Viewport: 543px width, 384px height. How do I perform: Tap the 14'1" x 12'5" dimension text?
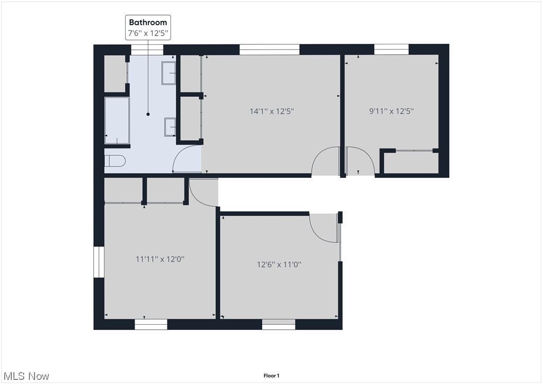point(271,111)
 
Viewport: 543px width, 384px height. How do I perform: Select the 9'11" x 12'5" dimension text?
point(392,111)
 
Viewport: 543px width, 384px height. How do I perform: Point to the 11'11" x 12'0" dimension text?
point(160,259)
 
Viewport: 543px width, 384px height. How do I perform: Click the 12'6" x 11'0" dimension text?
point(279,264)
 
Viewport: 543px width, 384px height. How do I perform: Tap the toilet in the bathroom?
point(114,160)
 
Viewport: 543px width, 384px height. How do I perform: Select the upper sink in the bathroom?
point(169,73)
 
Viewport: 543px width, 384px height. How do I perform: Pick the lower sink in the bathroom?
point(171,127)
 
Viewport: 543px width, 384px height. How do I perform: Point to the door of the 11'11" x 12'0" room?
point(203,192)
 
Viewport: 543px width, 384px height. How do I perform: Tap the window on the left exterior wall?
point(98,262)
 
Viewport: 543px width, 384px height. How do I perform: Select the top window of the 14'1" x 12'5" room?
point(269,49)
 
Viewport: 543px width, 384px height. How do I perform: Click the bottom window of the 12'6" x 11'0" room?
point(279,325)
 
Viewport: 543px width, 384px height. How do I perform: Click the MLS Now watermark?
point(26,376)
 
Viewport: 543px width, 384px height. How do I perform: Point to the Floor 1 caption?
point(271,376)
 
